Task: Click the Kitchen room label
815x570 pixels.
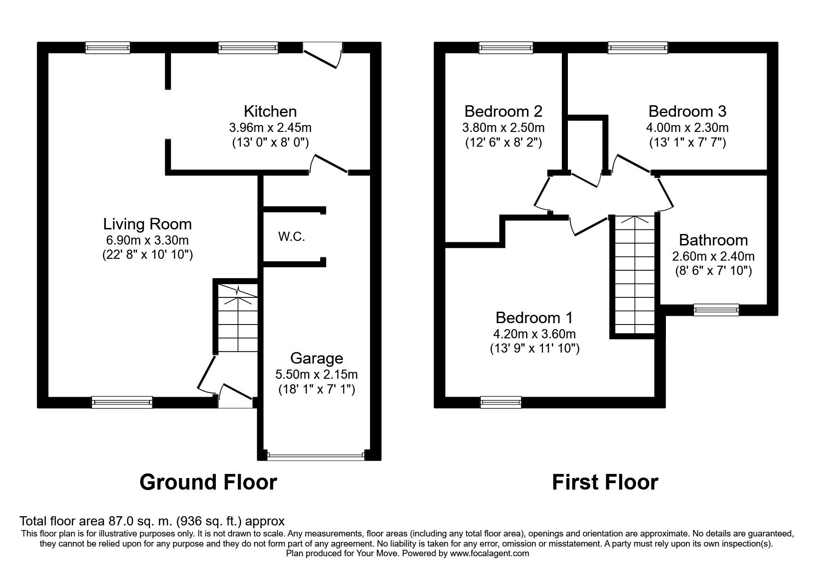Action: (270, 111)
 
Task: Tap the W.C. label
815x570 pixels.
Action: (292, 237)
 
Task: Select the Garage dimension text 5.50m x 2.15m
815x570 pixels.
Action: (317, 374)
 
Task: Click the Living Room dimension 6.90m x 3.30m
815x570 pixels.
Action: (147, 239)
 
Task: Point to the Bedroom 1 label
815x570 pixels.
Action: (534, 318)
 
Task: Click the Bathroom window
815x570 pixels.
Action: (716, 310)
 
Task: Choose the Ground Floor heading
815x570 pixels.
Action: (208, 482)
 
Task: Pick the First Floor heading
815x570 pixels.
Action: (605, 482)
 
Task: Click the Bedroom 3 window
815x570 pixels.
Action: (637, 47)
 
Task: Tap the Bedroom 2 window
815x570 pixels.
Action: (506, 47)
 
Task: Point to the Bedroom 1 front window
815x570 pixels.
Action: (501, 402)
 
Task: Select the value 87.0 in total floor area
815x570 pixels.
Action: (116, 521)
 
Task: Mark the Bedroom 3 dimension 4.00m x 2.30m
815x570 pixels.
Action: (687, 127)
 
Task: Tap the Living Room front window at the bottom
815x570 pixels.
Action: (122, 402)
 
